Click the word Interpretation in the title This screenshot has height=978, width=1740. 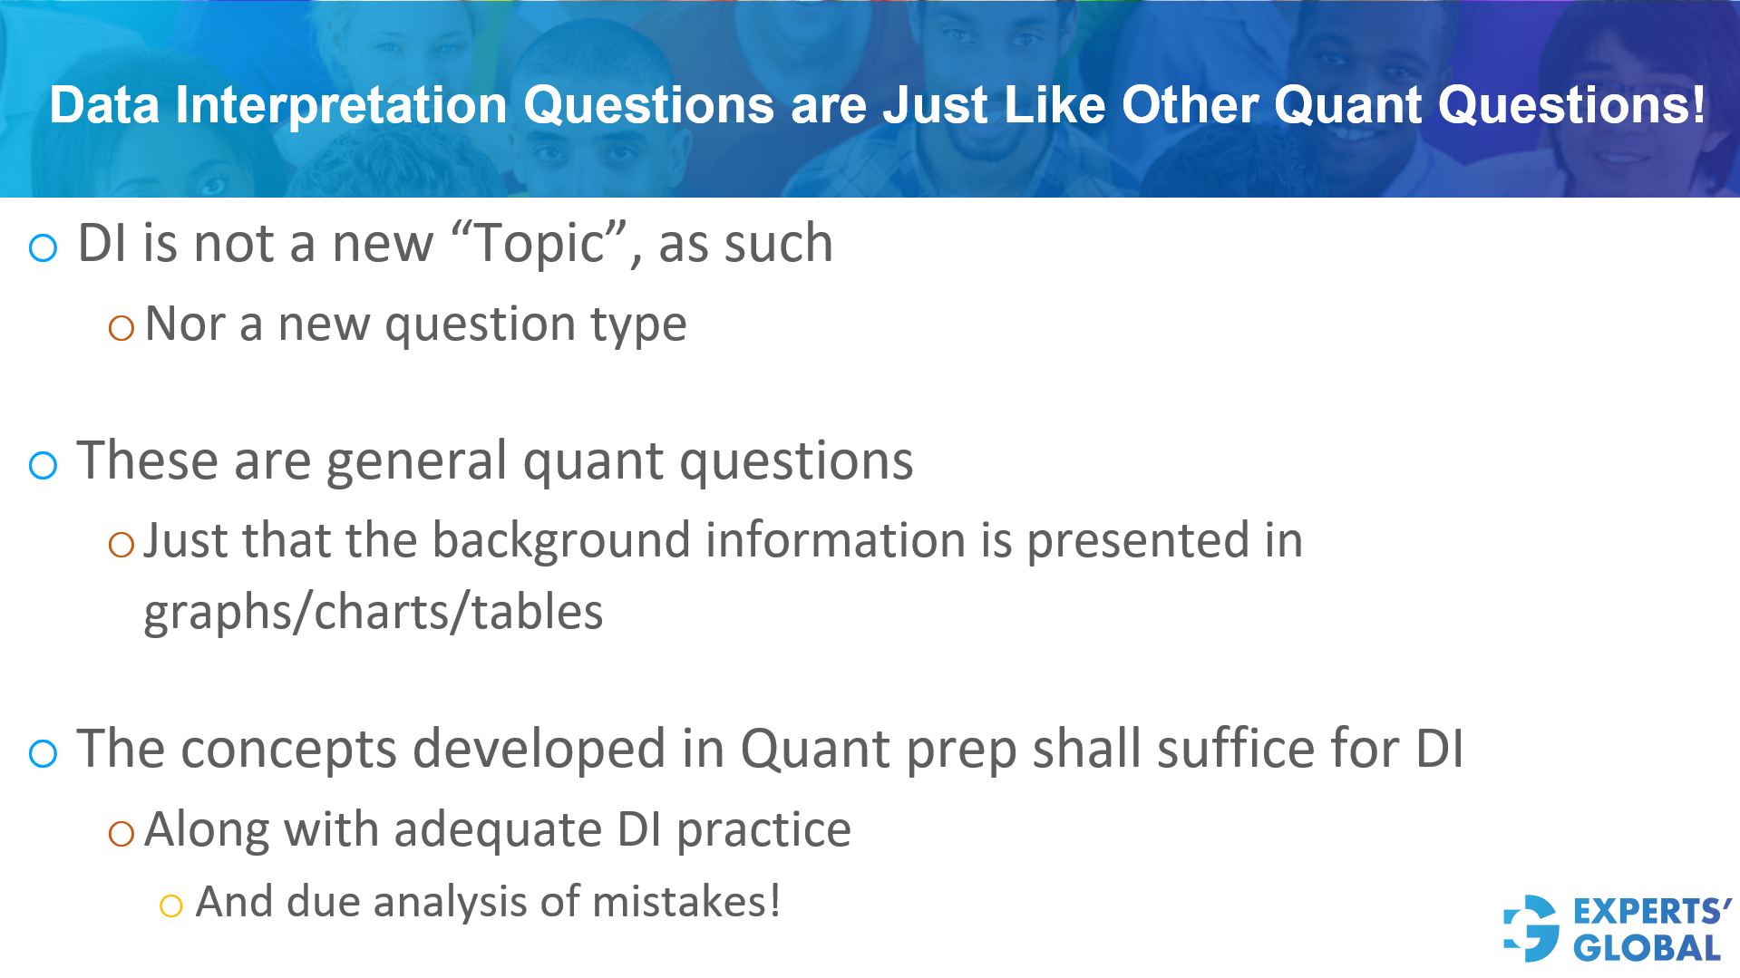pos(340,105)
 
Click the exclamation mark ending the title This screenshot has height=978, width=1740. pos(1697,105)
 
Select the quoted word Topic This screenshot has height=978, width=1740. pos(540,244)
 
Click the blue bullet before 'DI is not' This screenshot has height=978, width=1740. pos(43,247)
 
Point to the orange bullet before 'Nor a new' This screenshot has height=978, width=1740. pos(121,327)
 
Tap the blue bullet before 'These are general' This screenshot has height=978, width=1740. pos(43,466)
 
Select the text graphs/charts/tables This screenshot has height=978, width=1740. pos(373,613)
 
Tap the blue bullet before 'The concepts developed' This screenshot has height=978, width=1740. pos(43,753)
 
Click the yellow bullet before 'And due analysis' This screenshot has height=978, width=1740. pos(170,905)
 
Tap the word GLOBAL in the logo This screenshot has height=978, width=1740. pos(1646,948)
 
